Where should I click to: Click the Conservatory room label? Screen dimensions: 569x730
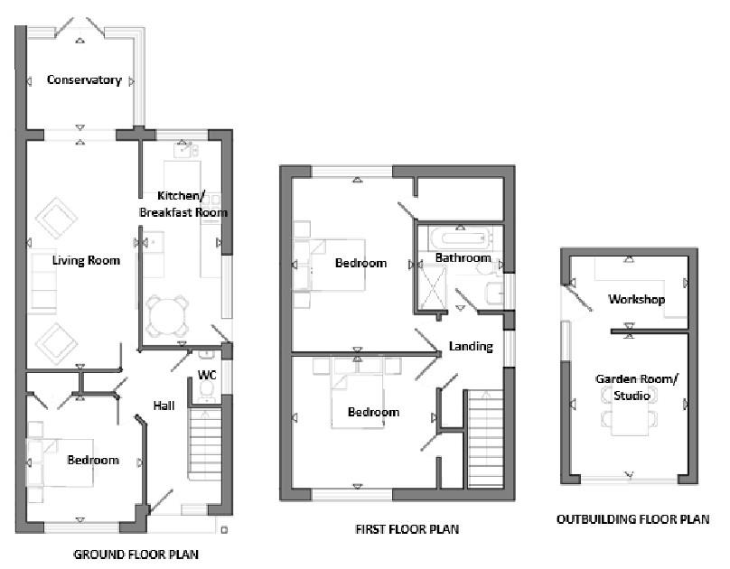click(84, 79)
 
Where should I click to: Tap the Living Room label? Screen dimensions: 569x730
click(86, 261)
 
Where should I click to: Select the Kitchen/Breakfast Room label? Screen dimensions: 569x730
click(182, 203)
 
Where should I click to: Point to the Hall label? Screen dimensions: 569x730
click(164, 406)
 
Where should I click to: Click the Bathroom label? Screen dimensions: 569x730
click(463, 258)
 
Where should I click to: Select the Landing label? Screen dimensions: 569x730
click(471, 346)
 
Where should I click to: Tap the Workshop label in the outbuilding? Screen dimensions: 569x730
click(636, 299)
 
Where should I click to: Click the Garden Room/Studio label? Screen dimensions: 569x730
click(626, 387)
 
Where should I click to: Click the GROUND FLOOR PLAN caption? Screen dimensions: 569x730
click(136, 554)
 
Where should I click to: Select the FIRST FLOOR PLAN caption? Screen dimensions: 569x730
click(407, 529)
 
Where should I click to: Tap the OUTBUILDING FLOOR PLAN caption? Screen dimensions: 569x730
click(632, 519)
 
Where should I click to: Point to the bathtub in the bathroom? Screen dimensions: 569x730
click(462, 238)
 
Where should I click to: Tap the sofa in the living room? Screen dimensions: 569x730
click(42, 280)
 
